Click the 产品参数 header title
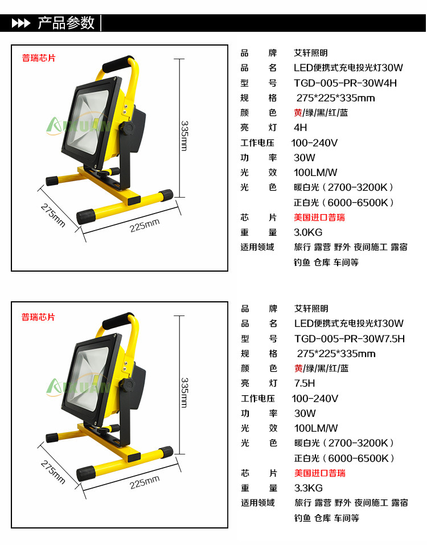66,23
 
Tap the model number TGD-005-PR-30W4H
345,83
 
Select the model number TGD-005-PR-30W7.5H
350,338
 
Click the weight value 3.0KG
308,232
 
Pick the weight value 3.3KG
308,488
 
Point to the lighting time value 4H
300,128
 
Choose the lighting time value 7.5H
305,383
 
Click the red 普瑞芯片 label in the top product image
39,58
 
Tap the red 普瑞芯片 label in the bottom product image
38,317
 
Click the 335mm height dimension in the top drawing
184,136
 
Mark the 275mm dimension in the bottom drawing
53,472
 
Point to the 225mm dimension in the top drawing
145,226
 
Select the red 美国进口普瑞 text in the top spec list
319,218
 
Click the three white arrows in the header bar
21,23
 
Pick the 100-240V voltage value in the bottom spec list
315,398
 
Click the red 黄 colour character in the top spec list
298,113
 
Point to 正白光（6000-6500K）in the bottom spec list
344,458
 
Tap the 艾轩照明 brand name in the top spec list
311,53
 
